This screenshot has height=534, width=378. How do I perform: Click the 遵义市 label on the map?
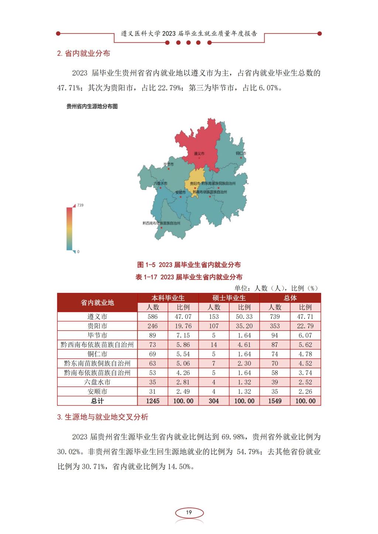point(199,153)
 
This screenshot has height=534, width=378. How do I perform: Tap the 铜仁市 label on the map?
point(241,153)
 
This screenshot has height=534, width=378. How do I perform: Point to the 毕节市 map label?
point(168,164)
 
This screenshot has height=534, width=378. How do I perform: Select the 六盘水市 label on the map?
point(160,183)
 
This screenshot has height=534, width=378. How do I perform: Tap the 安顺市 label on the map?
point(180,193)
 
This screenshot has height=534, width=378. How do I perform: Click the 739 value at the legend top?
point(80,205)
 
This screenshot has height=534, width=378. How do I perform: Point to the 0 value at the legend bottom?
point(78,252)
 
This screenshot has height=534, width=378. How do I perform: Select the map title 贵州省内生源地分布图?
point(92,107)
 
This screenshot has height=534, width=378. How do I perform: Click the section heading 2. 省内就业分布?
point(83,53)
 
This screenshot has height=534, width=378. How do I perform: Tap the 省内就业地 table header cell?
point(97,303)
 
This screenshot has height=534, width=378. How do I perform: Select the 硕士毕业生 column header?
point(229,298)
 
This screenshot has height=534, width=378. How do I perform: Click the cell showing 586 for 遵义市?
point(152,317)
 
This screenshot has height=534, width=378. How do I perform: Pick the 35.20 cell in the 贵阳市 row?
point(244,326)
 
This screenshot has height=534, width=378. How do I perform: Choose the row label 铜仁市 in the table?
point(97,354)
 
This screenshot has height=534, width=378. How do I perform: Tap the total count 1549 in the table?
point(275,401)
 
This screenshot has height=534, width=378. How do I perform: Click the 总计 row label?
point(97,401)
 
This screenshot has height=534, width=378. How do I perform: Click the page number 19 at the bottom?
point(189,513)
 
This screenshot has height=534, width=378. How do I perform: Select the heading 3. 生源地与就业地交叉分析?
point(103,417)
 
